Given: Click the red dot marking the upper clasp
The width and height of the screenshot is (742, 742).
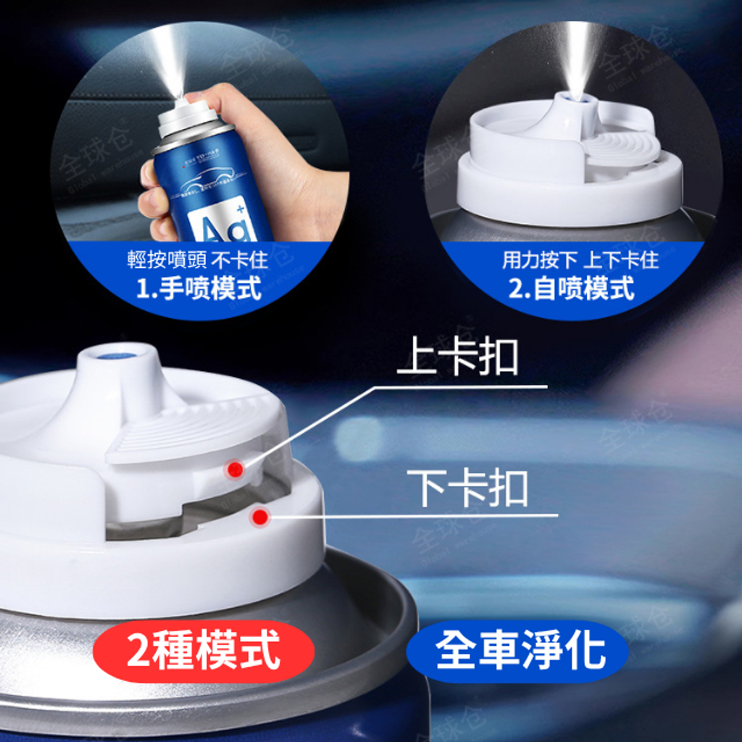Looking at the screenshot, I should [x=234, y=470].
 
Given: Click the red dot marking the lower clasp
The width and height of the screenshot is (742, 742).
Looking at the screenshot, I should [x=259, y=517].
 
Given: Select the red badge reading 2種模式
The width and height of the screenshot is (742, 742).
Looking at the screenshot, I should [x=204, y=650].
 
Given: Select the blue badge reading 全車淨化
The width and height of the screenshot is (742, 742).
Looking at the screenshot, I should [x=517, y=650].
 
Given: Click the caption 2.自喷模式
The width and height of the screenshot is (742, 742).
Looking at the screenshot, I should [x=571, y=288].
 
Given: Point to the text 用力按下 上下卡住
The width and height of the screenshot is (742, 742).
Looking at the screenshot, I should [x=580, y=259].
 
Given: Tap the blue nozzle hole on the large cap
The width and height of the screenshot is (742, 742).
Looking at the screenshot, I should [x=117, y=356].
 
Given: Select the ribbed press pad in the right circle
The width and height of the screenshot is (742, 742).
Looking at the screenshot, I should [x=621, y=146].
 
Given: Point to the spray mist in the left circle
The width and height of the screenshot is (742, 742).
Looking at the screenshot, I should [x=167, y=58].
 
